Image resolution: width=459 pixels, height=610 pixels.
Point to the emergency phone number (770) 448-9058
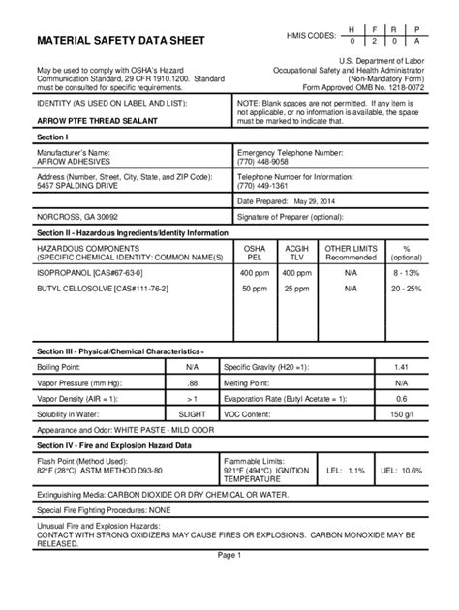click(x=266, y=163)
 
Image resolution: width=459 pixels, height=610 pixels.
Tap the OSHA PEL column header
click(x=256, y=254)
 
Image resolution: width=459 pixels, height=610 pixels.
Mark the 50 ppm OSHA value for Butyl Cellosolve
click(x=256, y=289)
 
